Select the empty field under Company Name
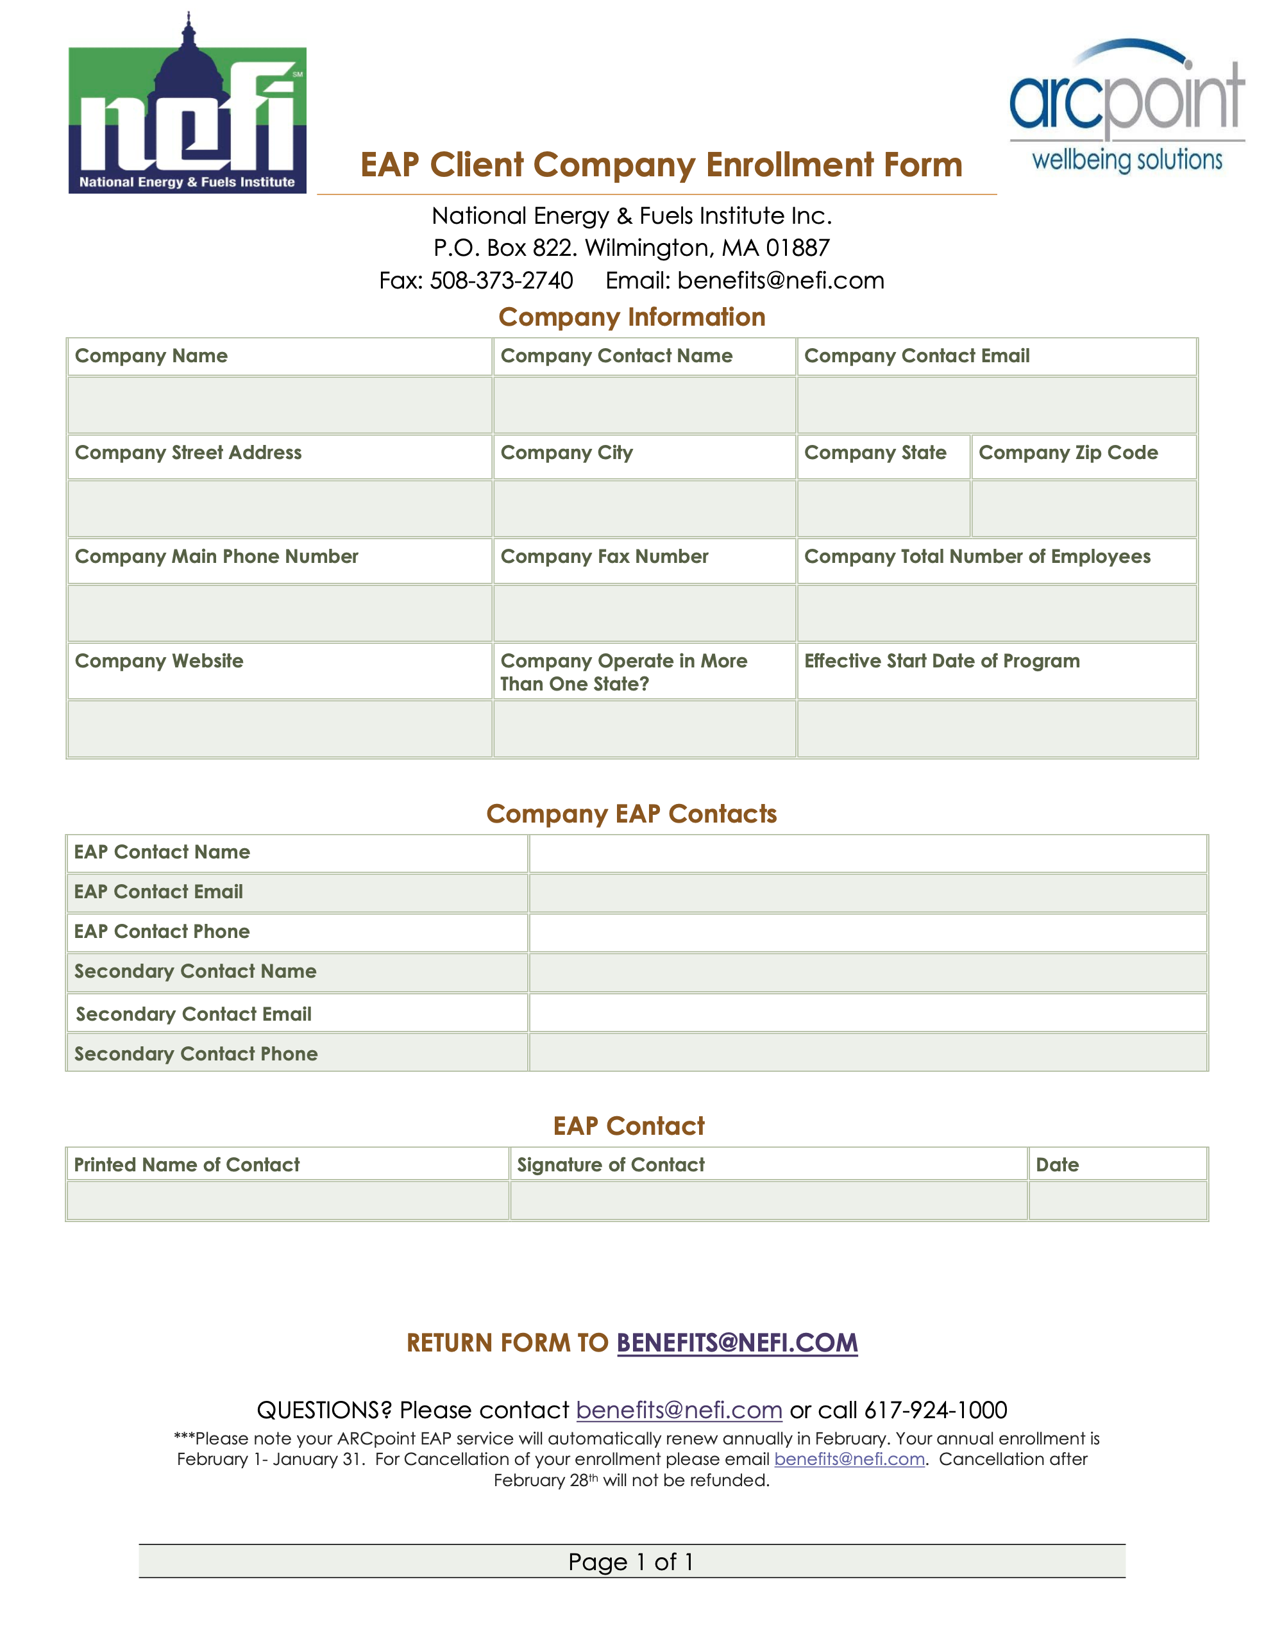280,405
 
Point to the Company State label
875,453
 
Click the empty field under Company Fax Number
645,613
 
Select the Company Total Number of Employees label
977,557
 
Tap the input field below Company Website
280,728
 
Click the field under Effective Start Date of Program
996,728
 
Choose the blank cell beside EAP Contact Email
867,892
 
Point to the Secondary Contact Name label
195,971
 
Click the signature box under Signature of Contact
768,1200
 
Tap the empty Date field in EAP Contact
1118,1200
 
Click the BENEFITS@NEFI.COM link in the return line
737,1343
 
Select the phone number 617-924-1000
935,1409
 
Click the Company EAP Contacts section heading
632,814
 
